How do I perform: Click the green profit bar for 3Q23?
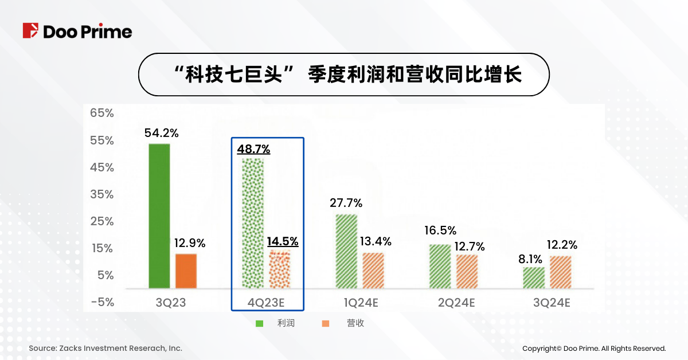point(159,216)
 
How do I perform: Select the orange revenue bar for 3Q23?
point(186,271)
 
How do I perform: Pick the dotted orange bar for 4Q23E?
point(280,269)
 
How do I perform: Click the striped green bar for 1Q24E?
point(346,251)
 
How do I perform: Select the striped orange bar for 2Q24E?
point(467,272)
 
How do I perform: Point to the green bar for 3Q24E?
point(534,277)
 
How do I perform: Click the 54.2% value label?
point(162,133)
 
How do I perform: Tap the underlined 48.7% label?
point(253,149)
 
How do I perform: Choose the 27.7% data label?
point(346,203)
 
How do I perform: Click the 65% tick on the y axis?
point(101,114)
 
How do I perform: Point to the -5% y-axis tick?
point(101,302)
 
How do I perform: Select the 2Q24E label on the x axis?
point(456,303)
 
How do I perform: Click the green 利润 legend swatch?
point(259,324)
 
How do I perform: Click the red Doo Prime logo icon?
point(30,31)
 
